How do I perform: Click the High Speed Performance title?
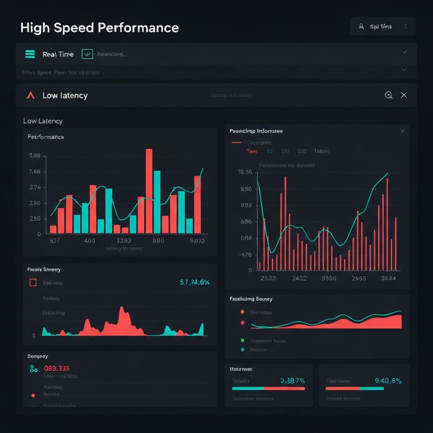pos(99,28)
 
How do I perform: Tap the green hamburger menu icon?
pos(30,54)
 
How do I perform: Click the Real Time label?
pos(58,55)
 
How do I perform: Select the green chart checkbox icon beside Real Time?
pos(87,54)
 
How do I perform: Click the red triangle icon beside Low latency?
pos(30,96)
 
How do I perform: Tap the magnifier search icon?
pos(389,95)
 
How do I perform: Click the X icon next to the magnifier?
pos(404,95)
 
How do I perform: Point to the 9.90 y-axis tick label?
pos(35,156)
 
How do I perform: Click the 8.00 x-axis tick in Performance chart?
pos(158,241)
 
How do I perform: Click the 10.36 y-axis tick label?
pos(245,172)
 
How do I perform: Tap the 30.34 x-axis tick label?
pos(388,278)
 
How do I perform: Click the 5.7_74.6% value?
pos(195,282)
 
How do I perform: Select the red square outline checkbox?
pos(33,282)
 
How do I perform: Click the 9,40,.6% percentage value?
pos(388,381)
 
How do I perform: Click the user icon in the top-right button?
pos(361,26)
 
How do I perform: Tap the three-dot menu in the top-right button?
pos(406,26)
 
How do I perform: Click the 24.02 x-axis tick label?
pos(299,278)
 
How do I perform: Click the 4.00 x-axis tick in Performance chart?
pos(90,241)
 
